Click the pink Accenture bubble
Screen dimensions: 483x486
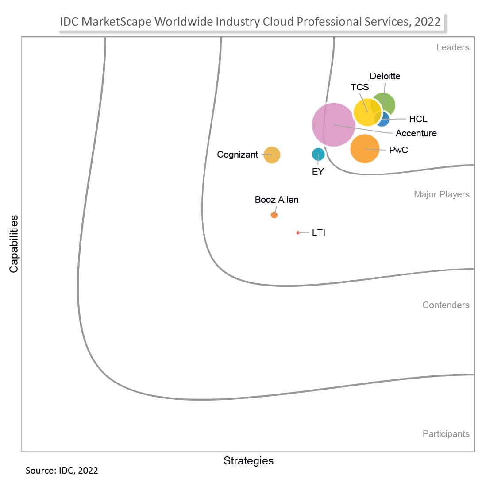tap(333, 125)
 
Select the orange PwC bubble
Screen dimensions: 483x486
tap(365, 149)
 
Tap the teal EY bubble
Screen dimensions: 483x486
tap(318, 154)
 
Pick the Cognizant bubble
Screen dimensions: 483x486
tap(272, 155)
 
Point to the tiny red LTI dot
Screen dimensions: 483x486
tap(298, 232)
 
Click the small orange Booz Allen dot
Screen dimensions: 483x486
tap(274, 215)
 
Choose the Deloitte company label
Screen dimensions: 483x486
tap(385, 76)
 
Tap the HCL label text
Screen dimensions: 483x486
tap(418, 119)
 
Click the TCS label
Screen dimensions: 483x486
tap(359, 87)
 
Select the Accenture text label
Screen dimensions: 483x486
tap(416, 133)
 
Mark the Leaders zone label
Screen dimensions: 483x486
tap(452, 47)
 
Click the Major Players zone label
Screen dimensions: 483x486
tap(441, 194)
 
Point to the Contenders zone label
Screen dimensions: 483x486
tap(446, 305)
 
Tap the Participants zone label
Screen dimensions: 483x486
tap(446, 434)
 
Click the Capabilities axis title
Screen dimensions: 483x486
tap(14, 243)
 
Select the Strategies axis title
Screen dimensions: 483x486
tap(248, 460)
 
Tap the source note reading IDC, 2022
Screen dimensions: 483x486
tap(62, 470)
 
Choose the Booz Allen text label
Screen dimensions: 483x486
tap(277, 200)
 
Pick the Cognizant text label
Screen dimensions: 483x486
tap(237, 155)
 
